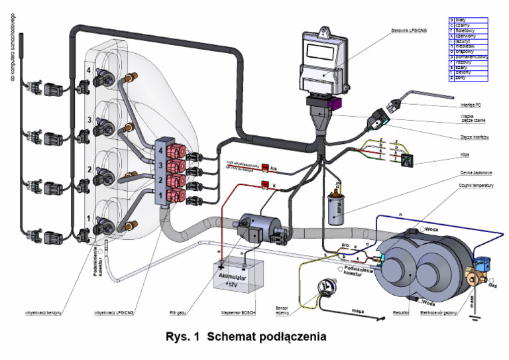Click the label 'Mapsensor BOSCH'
click(239, 310)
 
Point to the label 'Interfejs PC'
click(471, 105)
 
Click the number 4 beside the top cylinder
click(88, 69)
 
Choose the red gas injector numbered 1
click(176, 196)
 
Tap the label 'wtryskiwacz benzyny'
click(44, 310)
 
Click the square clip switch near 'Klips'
click(411, 160)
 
